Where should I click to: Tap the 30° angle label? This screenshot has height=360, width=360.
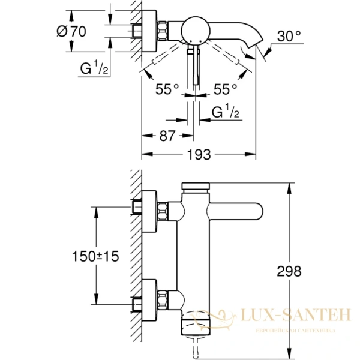(x=289, y=36)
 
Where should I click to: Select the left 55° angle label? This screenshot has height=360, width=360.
(x=167, y=89)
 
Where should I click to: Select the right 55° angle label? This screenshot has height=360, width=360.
(x=226, y=89)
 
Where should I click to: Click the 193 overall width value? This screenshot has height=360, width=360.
(x=199, y=155)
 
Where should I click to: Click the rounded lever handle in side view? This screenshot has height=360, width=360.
(x=237, y=212)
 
